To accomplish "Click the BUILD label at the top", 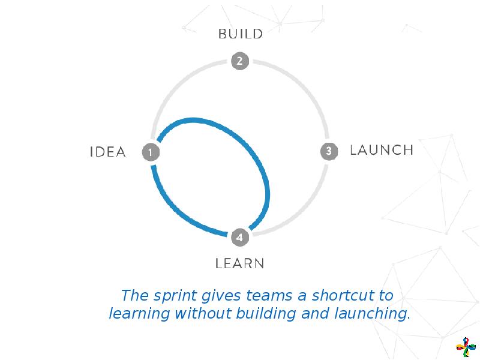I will pos(240,34).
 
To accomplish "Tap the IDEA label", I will pos(108,152).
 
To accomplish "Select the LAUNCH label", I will pos(381,150).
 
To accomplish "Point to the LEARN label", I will pos(240,263).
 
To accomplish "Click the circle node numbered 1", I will pos(150,152).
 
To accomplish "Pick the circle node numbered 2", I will pos(239,61).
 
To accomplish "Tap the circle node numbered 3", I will pos(329,151).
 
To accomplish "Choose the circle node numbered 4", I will pos(239,238).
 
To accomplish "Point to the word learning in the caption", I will pos(138,314).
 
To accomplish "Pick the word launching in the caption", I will pos(375,314).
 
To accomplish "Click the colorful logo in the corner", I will pos(464,347).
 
